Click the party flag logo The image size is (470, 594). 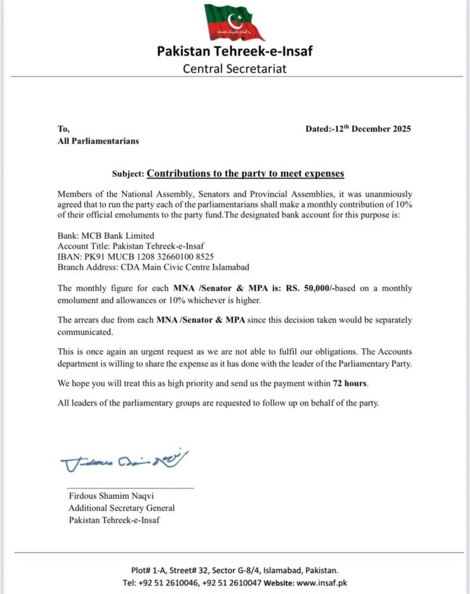tap(233, 22)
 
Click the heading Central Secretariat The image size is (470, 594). tap(234, 68)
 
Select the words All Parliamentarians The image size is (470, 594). tap(98, 140)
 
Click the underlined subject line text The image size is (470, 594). tap(245, 173)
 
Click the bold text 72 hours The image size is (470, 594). tap(350, 383)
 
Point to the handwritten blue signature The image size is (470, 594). tap(124, 461)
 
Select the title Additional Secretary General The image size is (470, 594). tap(121, 508)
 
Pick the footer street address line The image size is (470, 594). tap(234, 570)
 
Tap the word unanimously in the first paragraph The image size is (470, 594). tap(386, 194)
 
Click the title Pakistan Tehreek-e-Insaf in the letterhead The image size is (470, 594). tap(234, 51)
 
